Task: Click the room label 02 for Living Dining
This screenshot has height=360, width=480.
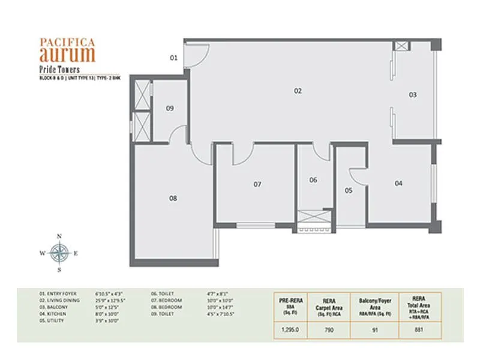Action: pos(297,91)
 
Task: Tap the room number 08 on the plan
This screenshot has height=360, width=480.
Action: pos(173,198)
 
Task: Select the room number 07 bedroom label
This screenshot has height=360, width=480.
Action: pos(257,184)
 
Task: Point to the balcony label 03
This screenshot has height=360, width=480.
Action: pos(413,95)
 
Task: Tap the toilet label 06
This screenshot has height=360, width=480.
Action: pos(313,180)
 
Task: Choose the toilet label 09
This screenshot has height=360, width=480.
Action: pos(170,109)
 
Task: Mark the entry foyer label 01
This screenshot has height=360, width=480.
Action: pos(173,58)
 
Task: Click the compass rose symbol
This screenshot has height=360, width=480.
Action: pos(59,253)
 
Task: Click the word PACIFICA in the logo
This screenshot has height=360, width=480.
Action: pos(67,43)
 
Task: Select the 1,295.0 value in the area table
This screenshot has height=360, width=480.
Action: pos(290,329)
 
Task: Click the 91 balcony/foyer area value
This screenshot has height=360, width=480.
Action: pos(376,329)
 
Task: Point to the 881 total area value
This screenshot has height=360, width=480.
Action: pos(419,329)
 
